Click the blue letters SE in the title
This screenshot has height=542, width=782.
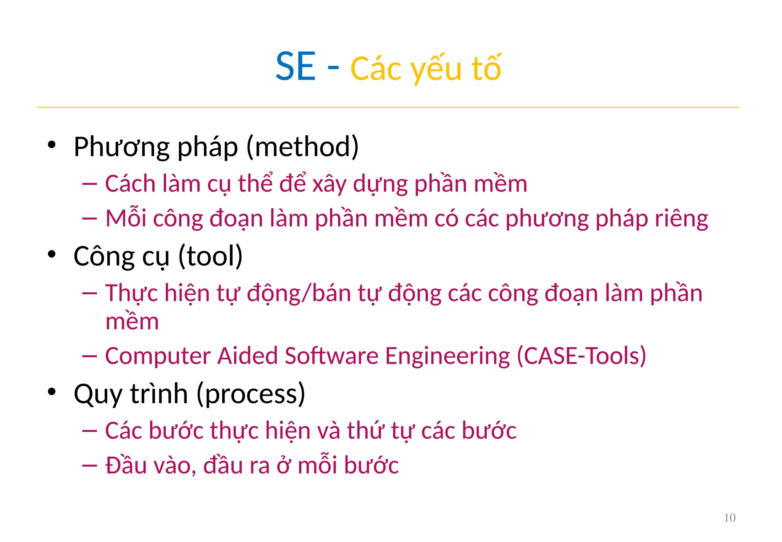296,67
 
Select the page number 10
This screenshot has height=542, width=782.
730,518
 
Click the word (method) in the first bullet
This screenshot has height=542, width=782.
302,147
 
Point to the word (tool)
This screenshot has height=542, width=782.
210,256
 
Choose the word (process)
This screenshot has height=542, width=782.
251,394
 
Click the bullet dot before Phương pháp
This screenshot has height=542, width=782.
52,145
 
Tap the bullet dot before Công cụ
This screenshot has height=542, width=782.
52,254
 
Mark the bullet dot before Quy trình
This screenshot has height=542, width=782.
52,392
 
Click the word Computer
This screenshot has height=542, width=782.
158,356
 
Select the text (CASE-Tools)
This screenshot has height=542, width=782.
581,356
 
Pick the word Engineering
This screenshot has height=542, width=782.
448,356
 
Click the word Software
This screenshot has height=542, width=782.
331,356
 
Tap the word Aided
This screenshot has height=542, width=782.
247,356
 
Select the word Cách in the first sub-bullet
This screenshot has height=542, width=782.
130,184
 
